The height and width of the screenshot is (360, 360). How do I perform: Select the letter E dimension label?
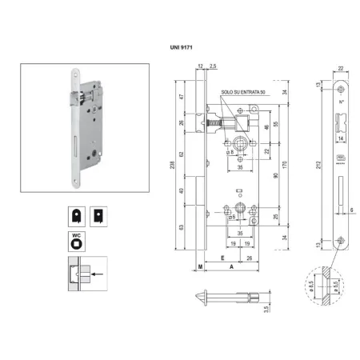point(220,260)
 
